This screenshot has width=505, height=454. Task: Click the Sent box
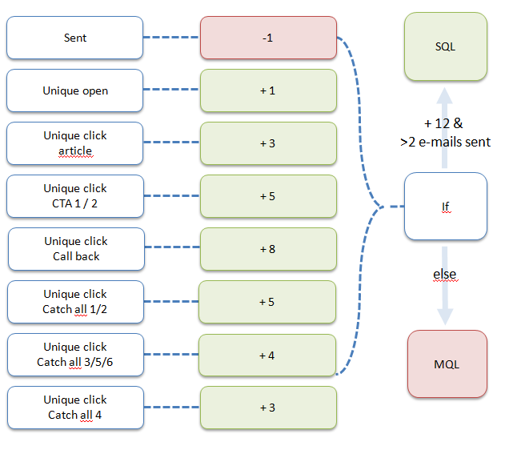(75, 38)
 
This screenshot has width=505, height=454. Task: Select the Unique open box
(75, 90)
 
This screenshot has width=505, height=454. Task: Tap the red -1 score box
(268, 38)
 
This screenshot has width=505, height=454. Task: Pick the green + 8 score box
(268, 249)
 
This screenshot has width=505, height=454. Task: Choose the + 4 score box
(268, 355)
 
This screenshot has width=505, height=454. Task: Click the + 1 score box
(268, 90)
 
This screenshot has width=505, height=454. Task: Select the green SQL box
(446, 46)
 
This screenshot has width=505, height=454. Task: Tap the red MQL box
(446, 364)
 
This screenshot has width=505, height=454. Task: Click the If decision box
(446, 207)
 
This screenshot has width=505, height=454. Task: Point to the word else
(445, 275)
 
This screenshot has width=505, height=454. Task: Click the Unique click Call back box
(76, 249)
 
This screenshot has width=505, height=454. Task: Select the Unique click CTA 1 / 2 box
(75, 196)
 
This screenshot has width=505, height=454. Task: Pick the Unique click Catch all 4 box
(75, 408)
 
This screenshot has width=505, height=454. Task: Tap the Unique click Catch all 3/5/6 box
(75, 355)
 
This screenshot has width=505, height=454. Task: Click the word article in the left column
(75, 151)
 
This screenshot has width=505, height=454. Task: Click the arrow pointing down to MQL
(446, 308)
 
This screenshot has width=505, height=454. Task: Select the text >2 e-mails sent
(445, 142)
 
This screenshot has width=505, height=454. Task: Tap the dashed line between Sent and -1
(171, 38)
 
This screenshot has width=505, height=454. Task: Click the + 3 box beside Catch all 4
(268, 408)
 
